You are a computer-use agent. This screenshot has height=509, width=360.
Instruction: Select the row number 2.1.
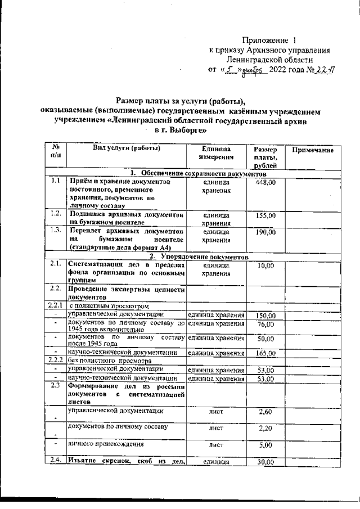tap(55, 264)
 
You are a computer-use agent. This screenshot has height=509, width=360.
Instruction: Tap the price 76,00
tap(265, 325)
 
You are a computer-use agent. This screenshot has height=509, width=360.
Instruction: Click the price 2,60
tap(265, 413)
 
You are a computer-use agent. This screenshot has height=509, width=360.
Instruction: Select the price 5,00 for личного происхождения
tap(265, 444)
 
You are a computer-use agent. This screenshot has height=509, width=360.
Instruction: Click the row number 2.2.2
tap(55, 360)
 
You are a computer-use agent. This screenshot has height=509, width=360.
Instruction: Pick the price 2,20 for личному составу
tap(265, 429)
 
